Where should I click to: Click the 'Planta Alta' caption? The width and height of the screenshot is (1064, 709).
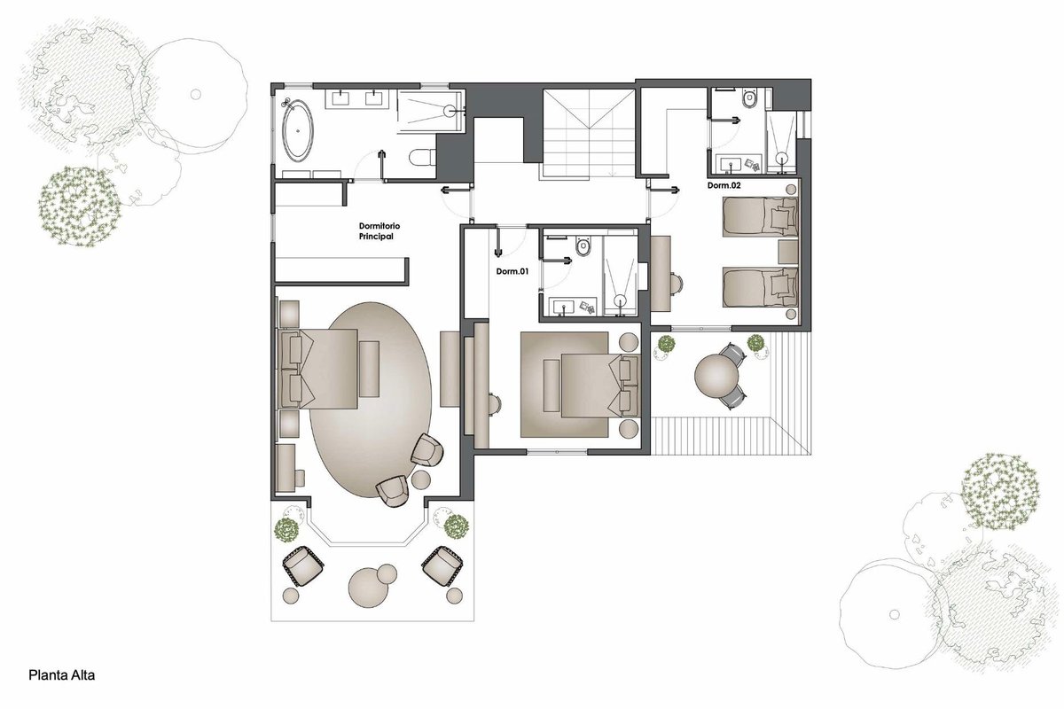pos(62,675)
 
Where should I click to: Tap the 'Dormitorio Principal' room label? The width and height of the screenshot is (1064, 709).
pos(379,231)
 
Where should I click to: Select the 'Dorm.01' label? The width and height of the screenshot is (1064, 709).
pos(512,271)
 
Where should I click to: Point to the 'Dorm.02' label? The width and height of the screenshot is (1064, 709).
pos(724,186)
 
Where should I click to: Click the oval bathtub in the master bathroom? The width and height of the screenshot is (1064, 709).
pos(298,129)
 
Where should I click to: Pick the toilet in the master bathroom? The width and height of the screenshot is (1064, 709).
pos(422,157)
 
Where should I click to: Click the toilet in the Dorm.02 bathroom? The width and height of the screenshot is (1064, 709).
pos(749,97)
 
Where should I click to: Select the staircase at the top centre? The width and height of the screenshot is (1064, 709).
pos(589,134)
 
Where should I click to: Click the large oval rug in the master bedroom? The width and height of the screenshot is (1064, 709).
pos(371,400)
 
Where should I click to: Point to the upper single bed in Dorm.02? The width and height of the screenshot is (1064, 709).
pos(760,217)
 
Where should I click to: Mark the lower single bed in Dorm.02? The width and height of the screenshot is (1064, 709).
pos(760,287)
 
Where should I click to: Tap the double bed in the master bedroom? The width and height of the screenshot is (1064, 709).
pos(317,369)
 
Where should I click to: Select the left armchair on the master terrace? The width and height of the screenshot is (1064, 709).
pos(303,565)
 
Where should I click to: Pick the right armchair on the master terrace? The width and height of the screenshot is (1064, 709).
pos(442,565)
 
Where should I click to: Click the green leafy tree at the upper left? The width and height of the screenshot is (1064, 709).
pos(79,206)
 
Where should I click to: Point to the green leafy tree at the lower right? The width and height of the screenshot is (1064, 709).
pos(1001,493)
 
